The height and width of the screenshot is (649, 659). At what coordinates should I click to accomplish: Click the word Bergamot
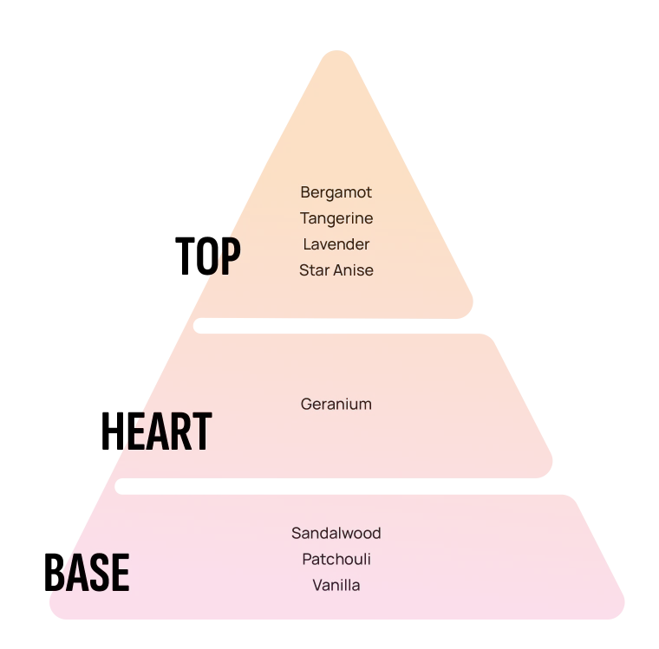[x=336, y=192]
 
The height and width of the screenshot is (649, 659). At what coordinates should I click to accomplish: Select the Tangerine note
[x=336, y=218]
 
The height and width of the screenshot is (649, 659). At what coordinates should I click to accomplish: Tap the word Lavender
[x=336, y=244]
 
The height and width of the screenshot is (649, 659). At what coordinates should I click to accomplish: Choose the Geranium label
[x=336, y=404]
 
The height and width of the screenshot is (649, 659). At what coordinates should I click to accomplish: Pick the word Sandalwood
[x=336, y=533]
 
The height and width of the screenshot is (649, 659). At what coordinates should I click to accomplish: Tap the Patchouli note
[x=336, y=559]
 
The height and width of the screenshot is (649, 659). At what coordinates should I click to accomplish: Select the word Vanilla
[x=336, y=585]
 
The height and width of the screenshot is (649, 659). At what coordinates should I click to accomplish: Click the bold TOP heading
[x=208, y=256]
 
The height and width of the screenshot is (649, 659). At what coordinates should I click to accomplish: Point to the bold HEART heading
[x=156, y=431]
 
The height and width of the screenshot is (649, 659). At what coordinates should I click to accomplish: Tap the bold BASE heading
[x=87, y=572]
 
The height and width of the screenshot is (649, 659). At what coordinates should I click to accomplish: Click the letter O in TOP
[x=207, y=256]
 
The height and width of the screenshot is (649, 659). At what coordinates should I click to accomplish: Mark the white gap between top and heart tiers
[x=336, y=326]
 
